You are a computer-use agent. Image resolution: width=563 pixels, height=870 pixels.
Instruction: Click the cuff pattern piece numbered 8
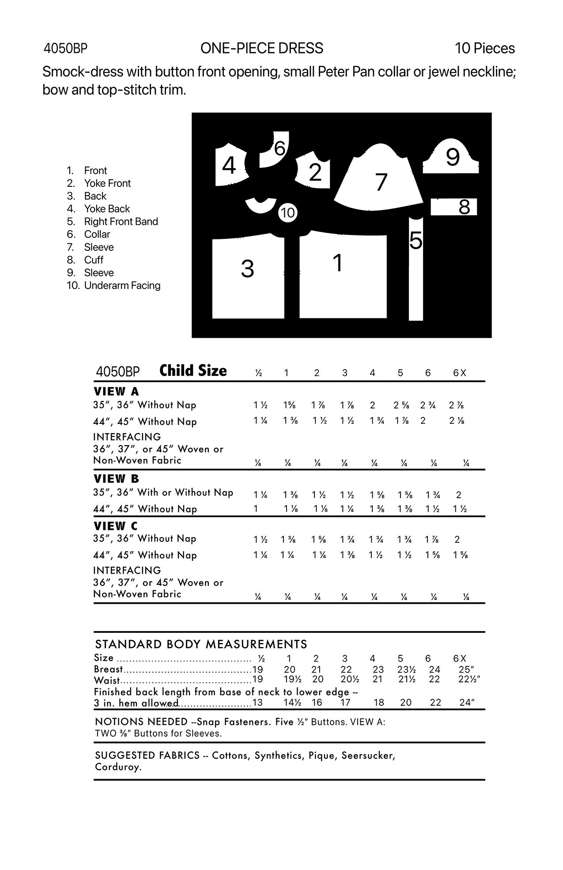click(453, 207)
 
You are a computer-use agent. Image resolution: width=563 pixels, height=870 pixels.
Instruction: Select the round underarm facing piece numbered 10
click(287, 213)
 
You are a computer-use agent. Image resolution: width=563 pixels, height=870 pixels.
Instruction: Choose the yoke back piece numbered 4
click(230, 166)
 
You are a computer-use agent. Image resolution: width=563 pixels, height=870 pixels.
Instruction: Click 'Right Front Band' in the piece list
click(121, 221)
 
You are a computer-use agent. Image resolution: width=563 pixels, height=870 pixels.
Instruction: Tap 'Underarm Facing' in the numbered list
click(122, 285)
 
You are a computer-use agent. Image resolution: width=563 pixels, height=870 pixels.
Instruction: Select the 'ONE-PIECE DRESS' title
click(261, 48)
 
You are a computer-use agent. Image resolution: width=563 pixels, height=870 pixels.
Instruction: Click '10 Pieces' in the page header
click(484, 48)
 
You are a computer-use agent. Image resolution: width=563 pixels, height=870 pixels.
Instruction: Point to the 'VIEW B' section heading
click(116, 478)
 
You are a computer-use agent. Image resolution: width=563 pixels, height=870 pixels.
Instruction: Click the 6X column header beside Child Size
click(459, 373)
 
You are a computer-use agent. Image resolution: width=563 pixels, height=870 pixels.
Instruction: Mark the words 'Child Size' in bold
click(193, 371)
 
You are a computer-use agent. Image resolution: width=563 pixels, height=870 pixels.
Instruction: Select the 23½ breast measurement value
click(406, 670)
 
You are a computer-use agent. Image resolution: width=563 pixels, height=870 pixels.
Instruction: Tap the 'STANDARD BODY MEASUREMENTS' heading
click(201, 644)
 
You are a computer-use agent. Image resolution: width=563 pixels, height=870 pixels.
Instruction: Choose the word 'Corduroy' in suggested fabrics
click(118, 767)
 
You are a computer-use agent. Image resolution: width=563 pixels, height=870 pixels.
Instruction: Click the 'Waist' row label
click(106, 680)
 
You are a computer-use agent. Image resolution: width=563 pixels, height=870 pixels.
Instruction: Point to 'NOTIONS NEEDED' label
click(141, 722)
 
